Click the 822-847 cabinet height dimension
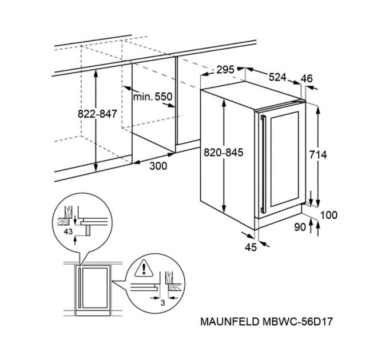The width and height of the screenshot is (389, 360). (97, 114)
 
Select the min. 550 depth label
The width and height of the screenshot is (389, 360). (152, 98)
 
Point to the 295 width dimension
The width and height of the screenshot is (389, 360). (225, 70)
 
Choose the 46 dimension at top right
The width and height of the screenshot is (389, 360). (307, 79)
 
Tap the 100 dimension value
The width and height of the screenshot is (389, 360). (329, 215)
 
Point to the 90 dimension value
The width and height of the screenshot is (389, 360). (300, 227)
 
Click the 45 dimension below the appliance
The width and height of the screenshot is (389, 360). (249, 247)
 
